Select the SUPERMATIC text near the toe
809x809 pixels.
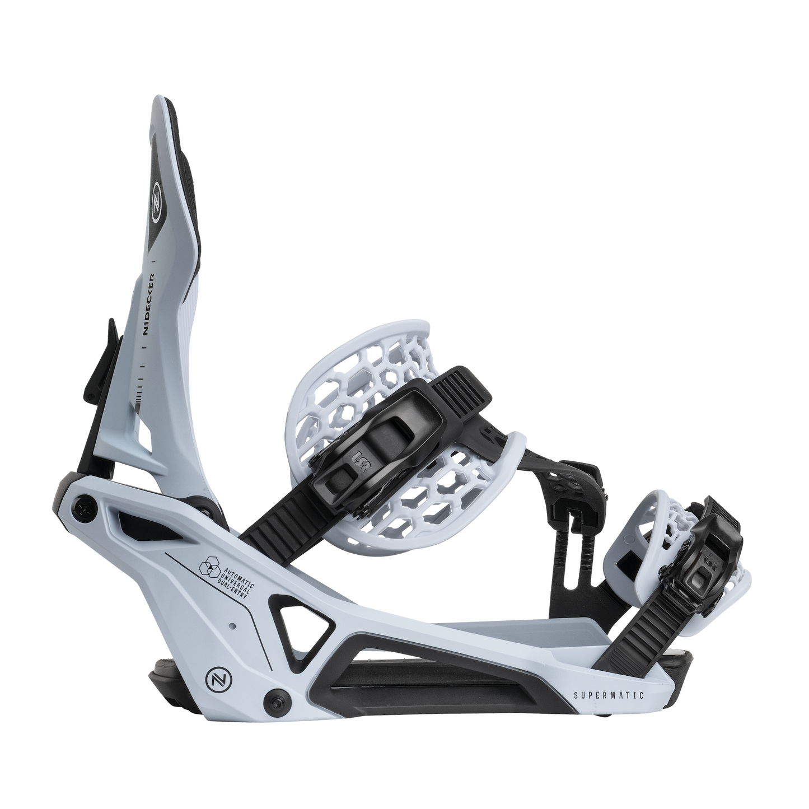(609, 695)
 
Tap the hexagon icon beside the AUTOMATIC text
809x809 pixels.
(209, 568)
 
